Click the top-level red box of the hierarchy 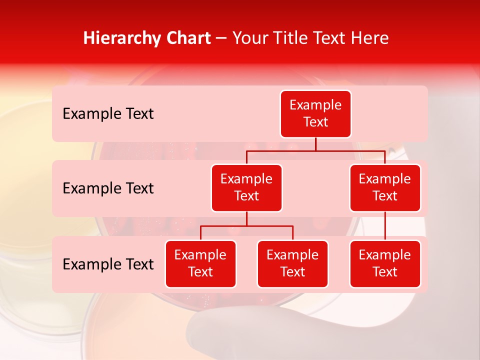click(x=315, y=114)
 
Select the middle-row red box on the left click(x=246, y=188)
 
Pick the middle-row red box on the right click(x=385, y=188)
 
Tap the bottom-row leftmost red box click(x=200, y=264)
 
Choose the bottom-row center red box click(x=292, y=264)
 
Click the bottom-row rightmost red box click(x=385, y=264)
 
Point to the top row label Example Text click(x=108, y=114)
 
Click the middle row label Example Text click(x=108, y=188)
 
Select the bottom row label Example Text click(x=108, y=264)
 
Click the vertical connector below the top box click(x=315, y=144)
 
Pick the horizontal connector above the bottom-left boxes click(x=246, y=226)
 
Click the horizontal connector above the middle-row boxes click(x=315, y=150)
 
